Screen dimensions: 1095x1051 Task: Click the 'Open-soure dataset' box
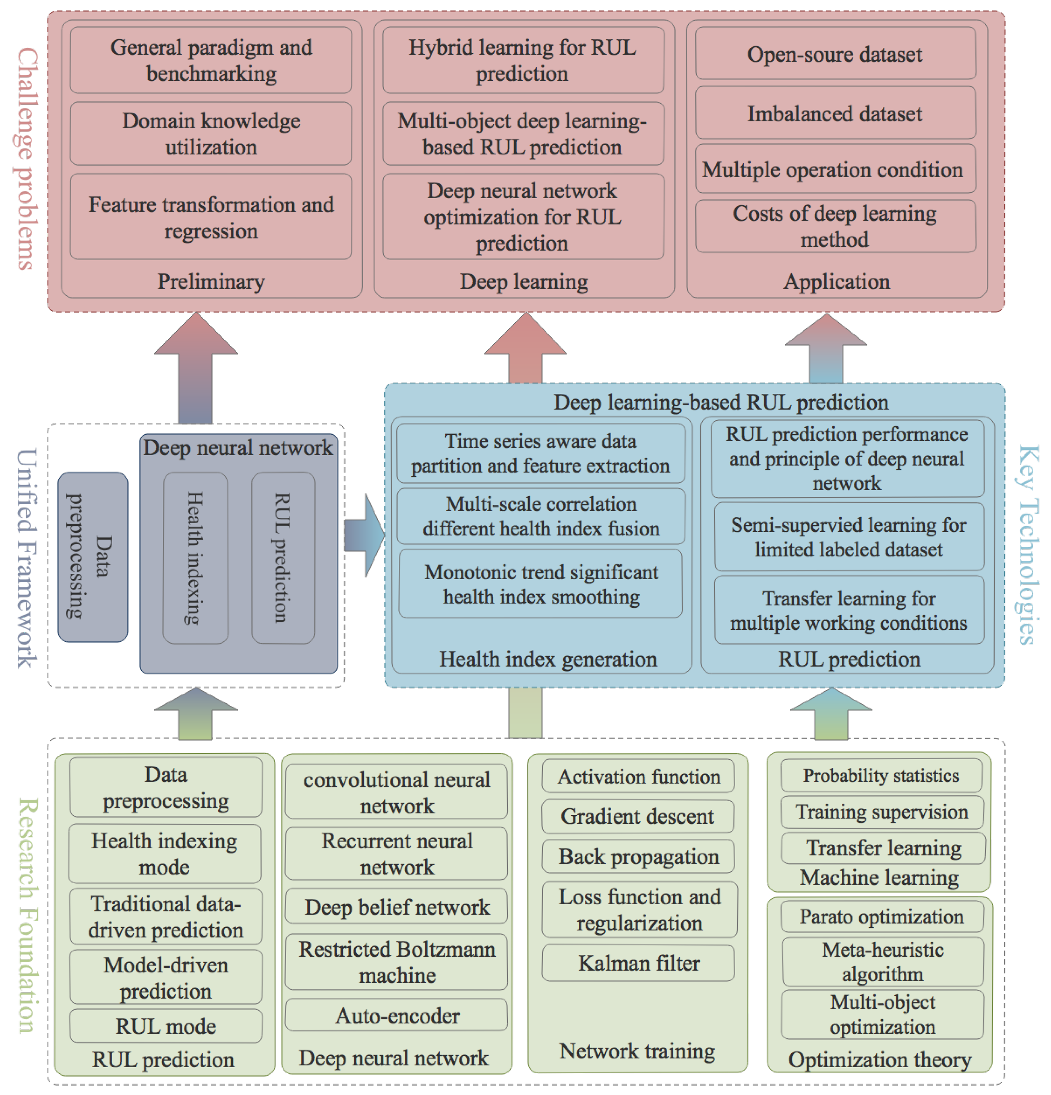pos(835,54)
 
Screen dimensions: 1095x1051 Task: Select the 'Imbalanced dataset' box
pos(835,113)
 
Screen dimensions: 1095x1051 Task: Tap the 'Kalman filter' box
pos(638,963)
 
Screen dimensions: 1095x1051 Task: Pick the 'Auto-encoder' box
pos(397,1015)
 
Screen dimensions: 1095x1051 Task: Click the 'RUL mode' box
pos(166,1026)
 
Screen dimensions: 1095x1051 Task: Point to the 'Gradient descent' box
pos(637,816)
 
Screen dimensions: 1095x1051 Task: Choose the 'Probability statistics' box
pos(881,775)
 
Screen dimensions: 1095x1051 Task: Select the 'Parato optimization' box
pos(881,916)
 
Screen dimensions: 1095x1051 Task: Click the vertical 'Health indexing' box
pos(195,557)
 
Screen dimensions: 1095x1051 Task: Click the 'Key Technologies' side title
pos(1027,545)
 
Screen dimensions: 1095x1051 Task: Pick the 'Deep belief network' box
pos(397,907)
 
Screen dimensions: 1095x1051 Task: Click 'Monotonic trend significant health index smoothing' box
pos(541,584)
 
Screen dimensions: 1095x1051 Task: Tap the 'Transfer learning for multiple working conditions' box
pos(848,610)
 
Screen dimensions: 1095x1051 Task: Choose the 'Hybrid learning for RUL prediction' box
pos(523,60)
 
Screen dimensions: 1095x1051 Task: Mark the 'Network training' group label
pos(637,1051)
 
